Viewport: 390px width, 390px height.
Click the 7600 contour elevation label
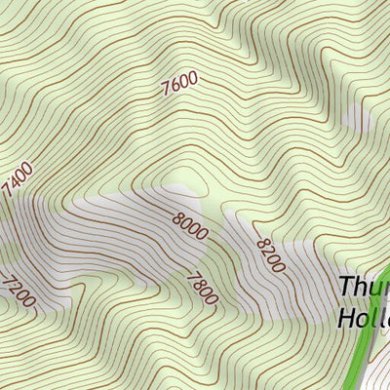coord(179,84)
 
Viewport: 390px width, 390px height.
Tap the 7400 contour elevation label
coord(17,180)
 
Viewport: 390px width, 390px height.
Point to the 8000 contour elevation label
coord(189,226)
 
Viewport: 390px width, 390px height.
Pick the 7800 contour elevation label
coord(201,288)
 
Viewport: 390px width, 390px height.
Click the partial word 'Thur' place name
coord(364,289)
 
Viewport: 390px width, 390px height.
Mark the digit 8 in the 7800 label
coord(197,282)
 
